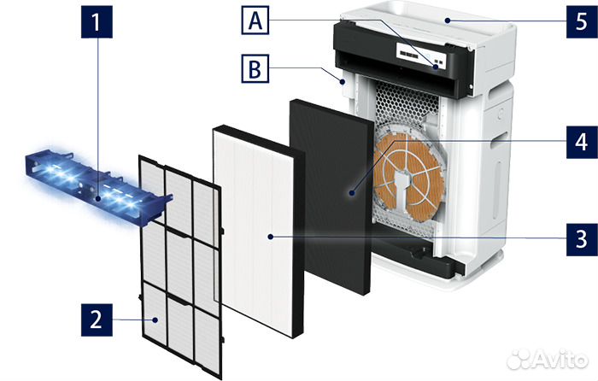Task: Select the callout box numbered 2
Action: pyautogui.click(x=97, y=321)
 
